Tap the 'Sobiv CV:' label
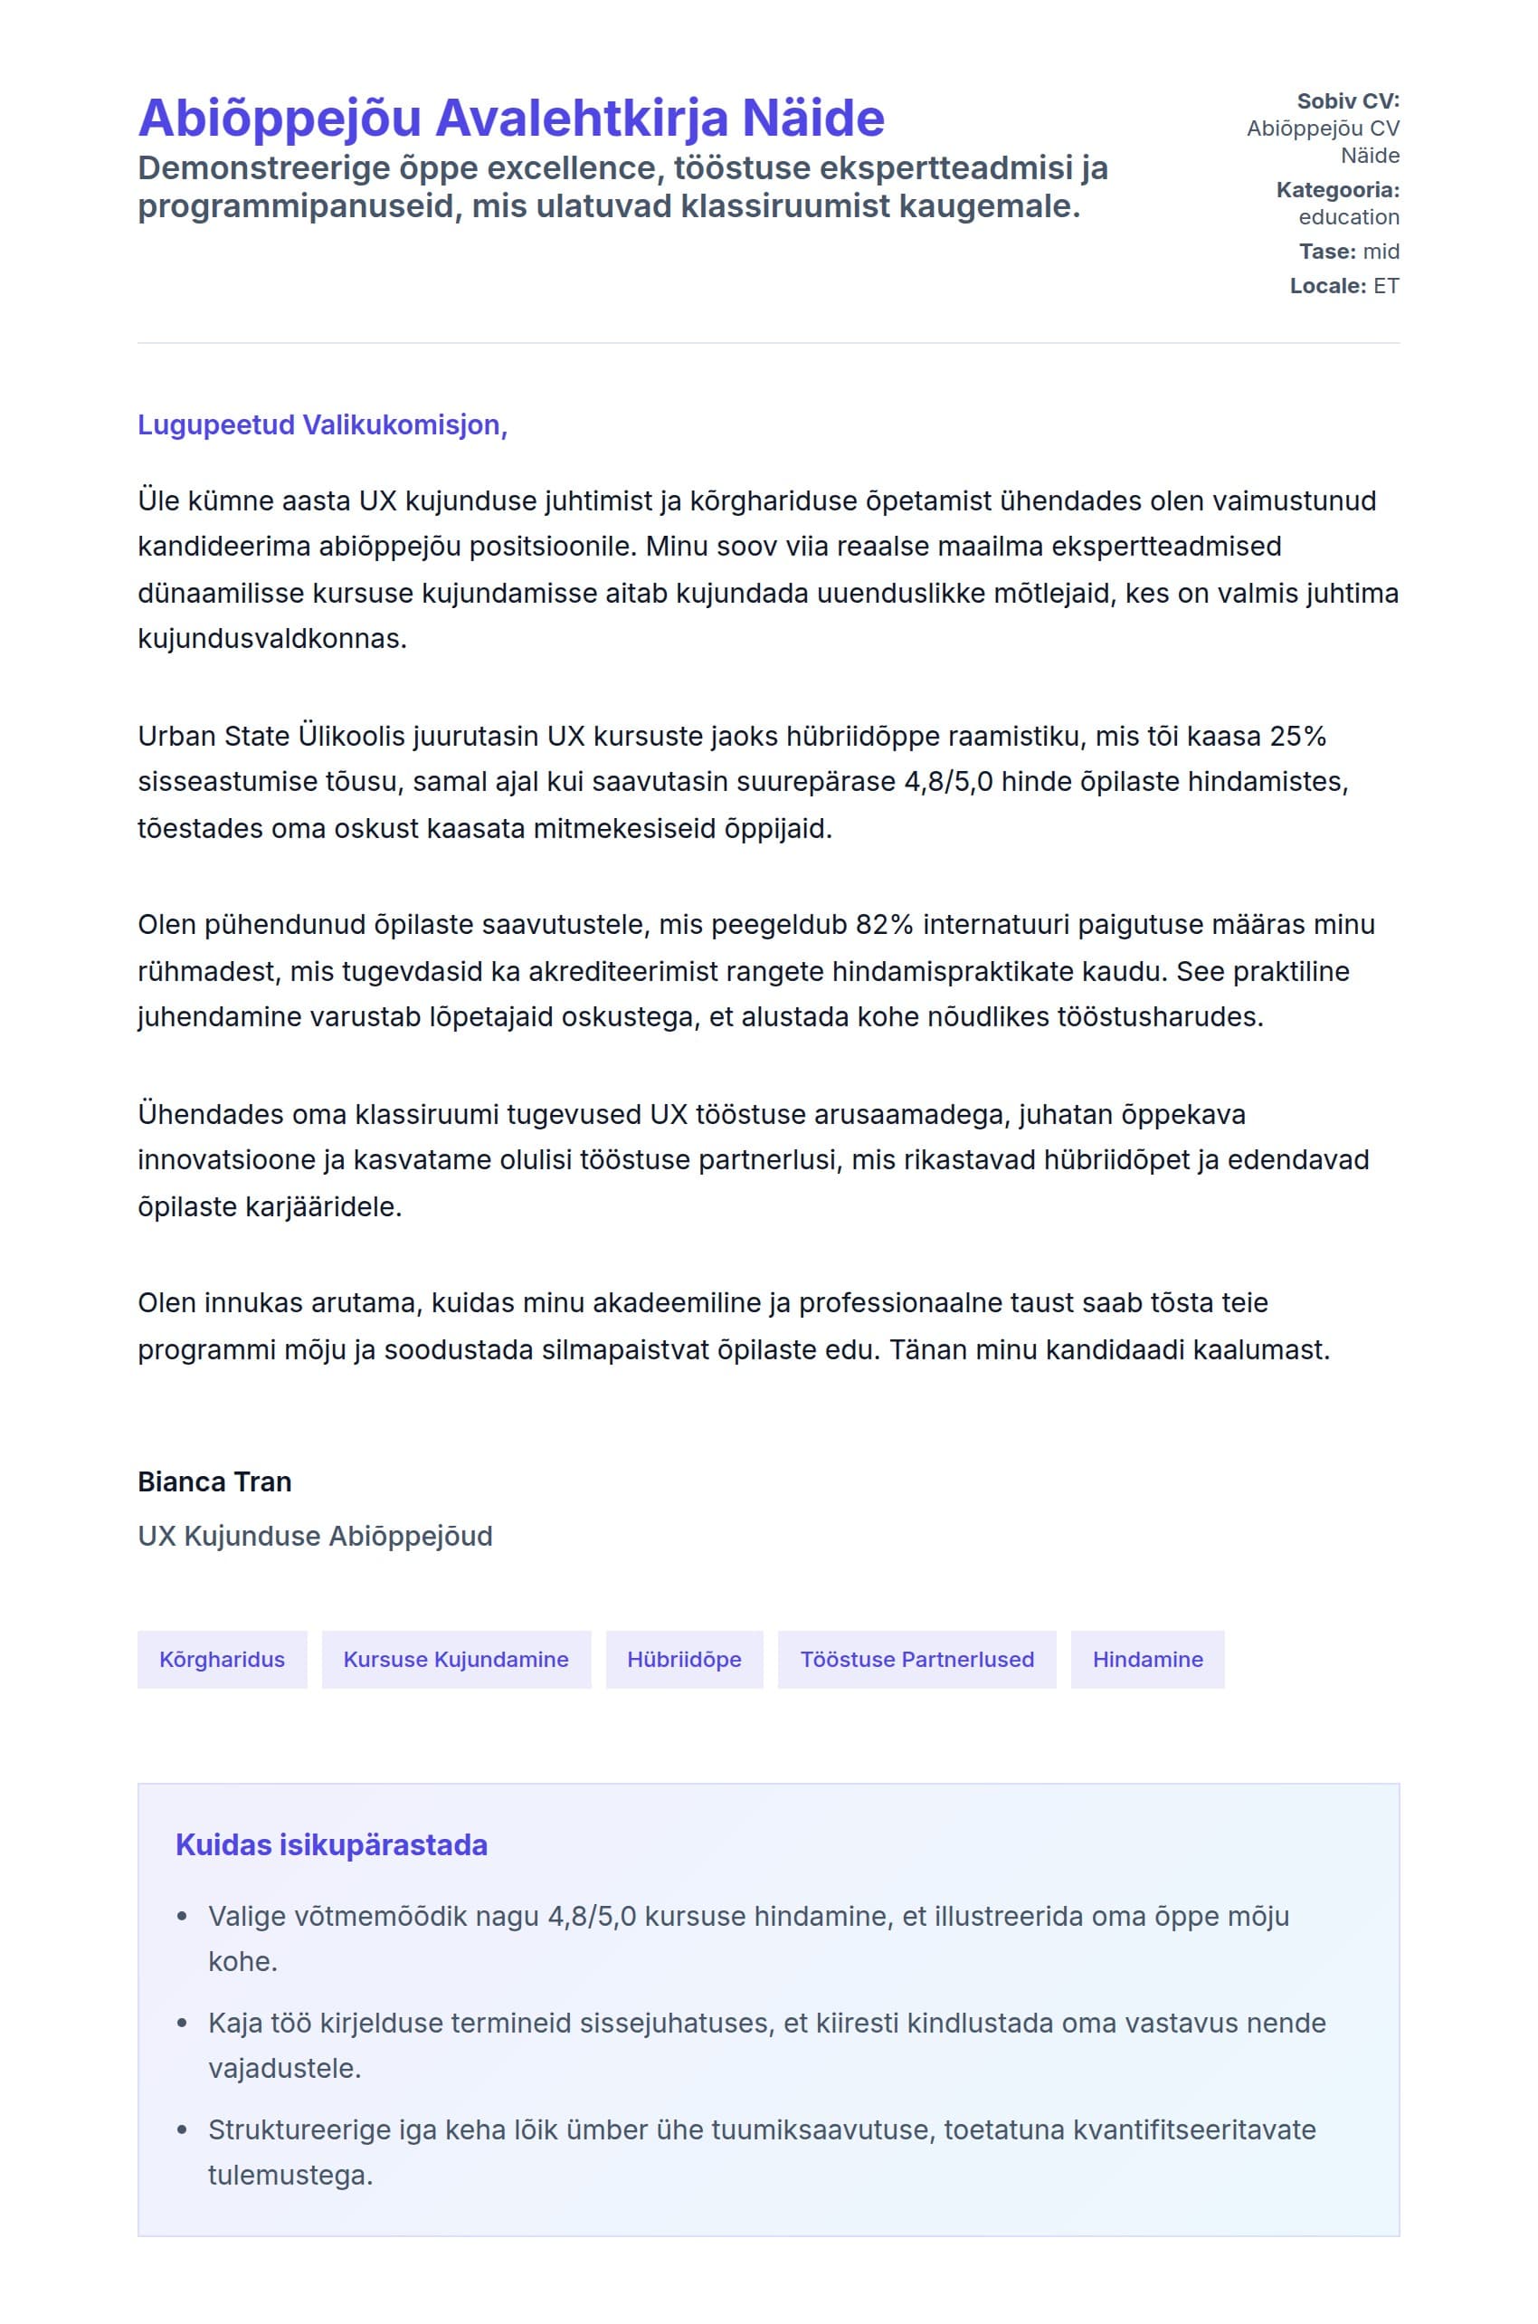pyautogui.click(x=1348, y=101)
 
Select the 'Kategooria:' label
pyautogui.click(x=1337, y=190)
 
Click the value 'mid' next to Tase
pyautogui.click(x=1381, y=252)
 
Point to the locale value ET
pyautogui.click(x=1386, y=287)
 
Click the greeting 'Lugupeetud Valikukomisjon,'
pyautogui.click(x=322, y=425)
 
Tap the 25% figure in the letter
pyautogui.click(x=1297, y=737)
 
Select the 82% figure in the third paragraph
pyautogui.click(x=885, y=925)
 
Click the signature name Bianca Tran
pyautogui.click(x=214, y=1482)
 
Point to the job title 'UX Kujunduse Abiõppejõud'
pyautogui.click(x=315, y=1537)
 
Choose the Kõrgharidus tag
pyautogui.click(x=222, y=1660)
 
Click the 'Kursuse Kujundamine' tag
pyautogui.click(x=456, y=1660)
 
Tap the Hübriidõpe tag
pyautogui.click(x=684, y=1660)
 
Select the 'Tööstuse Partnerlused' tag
pyautogui.click(x=916, y=1660)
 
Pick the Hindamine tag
pyautogui.click(x=1147, y=1660)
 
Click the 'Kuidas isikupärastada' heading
pyautogui.click(x=331, y=1845)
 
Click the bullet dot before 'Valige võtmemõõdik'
pyautogui.click(x=182, y=1917)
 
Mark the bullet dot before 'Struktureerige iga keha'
pyautogui.click(x=182, y=2130)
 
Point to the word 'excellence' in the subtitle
pyautogui.click(x=565, y=168)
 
